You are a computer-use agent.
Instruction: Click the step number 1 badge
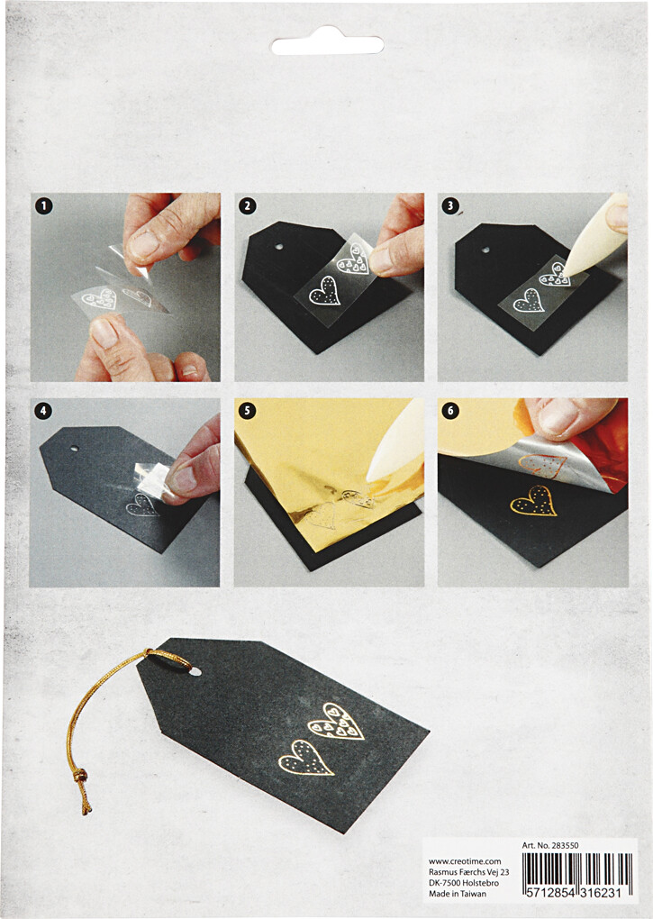pos(44,206)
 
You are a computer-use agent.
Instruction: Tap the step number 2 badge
pos(248,205)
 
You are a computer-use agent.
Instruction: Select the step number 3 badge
pos(450,205)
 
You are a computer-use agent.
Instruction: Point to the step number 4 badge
pos(42,411)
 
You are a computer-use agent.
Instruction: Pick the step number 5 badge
pos(247,411)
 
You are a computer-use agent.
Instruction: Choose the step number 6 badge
pos(450,411)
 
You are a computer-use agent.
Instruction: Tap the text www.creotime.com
pos(465,861)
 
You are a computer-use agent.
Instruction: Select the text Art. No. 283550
pos(550,845)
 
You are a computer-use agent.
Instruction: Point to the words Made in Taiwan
pos(458,894)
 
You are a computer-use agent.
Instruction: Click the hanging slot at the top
pos(327,41)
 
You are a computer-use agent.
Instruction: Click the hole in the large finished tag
pos(195,670)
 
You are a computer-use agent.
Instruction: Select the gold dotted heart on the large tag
pos(306,757)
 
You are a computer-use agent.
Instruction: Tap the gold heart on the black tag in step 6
pos(533,501)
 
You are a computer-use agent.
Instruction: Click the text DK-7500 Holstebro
pos(464,883)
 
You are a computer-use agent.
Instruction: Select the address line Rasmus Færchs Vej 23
pos(469,872)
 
